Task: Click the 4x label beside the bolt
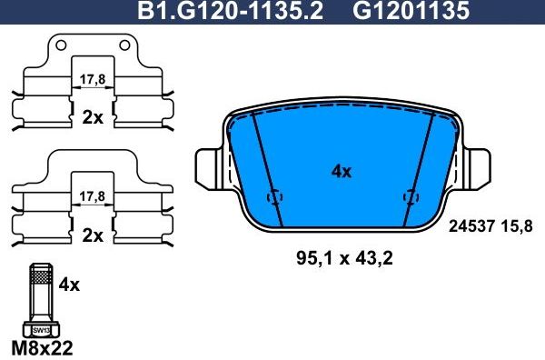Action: tap(69, 285)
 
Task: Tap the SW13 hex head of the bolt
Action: tap(40, 330)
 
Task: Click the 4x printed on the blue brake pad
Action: tap(342, 171)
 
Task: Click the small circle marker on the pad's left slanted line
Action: tap(273, 197)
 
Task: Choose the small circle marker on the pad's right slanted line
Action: tap(411, 197)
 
